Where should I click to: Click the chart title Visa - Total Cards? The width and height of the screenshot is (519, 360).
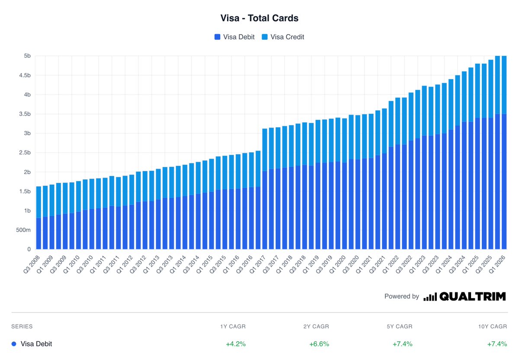click(259, 18)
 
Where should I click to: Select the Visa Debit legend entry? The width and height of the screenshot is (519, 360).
click(234, 37)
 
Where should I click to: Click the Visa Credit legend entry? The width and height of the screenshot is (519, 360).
click(283, 37)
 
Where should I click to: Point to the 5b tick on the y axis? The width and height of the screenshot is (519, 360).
click(27, 56)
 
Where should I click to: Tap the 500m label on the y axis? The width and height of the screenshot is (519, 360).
click(23, 230)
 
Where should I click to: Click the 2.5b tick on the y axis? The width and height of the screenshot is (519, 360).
click(25, 153)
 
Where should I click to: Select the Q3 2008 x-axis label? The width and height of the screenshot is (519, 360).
click(32, 264)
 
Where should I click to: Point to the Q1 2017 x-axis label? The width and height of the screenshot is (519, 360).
click(258, 264)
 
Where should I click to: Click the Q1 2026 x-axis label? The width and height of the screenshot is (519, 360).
click(497, 264)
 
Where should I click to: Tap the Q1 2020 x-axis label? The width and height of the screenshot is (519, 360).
click(338, 264)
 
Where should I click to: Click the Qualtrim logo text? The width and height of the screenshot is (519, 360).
click(472, 296)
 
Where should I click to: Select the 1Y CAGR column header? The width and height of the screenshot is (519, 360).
click(233, 326)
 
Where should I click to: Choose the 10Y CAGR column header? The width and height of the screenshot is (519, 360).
click(493, 326)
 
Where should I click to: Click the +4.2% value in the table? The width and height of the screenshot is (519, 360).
click(236, 344)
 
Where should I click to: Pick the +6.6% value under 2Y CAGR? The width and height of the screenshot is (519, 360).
click(319, 344)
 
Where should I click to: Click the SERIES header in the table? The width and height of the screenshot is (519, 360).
click(22, 326)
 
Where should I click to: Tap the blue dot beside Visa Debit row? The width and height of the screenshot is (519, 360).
click(14, 344)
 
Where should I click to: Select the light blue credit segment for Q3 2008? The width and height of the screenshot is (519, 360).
click(38, 202)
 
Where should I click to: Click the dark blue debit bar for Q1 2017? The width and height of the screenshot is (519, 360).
click(265, 210)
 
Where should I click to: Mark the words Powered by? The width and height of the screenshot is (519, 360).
click(402, 296)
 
